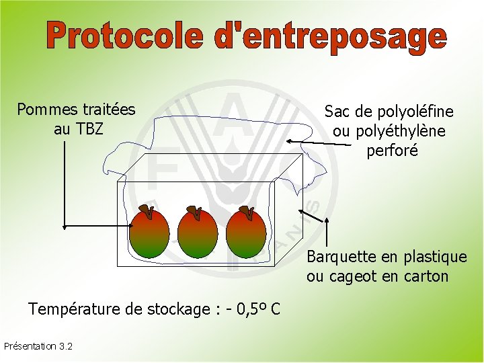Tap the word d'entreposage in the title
(x=330, y=37)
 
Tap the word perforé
(x=393, y=151)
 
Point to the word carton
(x=427, y=276)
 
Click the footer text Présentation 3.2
(x=38, y=346)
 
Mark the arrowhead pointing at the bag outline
(x=288, y=141)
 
